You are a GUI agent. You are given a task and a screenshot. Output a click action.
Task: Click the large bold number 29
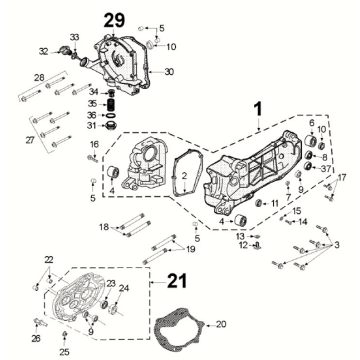pyautogui.click(x=114, y=21)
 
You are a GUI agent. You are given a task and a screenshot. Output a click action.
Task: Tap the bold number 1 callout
pyautogui.click(x=258, y=110)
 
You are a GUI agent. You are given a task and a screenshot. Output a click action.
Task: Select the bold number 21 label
pyautogui.click(x=177, y=281)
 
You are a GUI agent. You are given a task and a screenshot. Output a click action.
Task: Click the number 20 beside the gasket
pyautogui.click(x=221, y=324)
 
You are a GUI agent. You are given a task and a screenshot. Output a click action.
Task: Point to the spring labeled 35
pyautogui.click(x=112, y=105)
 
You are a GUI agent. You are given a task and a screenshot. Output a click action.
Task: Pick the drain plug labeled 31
pyautogui.click(x=111, y=126)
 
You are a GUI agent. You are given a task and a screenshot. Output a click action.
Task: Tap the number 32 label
pyautogui.click(x=44, y=51)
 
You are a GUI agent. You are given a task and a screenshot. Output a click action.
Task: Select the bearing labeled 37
pyautogui.click(x=309, y=166)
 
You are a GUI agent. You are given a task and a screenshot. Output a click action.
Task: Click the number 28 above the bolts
pyautogui.click(x=39, y=78)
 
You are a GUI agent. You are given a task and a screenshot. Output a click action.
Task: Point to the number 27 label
pyautogui.click(x=30, y=140)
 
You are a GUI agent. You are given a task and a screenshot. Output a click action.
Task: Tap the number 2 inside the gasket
pyautogui.click(x=184, y=175)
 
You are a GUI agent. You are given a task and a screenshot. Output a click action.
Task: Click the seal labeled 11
pyautogui.click(x=259, y=203)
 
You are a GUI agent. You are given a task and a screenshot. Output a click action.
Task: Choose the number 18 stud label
pyautogui.click(x=104, y=227)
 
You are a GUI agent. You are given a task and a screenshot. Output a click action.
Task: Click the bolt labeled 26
pyautogui.click(x=39, y=322)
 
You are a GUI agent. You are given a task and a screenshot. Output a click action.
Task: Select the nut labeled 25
pyautogui.click(x=65, y=334)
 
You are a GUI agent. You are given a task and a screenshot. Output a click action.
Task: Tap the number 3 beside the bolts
pyautogui.click(x=337, y=246)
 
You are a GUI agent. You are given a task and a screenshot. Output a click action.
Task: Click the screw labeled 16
pyautogui.click(x=92, y=158)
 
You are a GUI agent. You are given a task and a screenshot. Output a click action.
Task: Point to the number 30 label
pyautogui.click(x=169, y=72)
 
